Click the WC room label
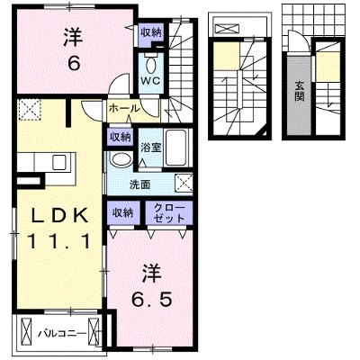tap(151, 81)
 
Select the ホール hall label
tap(124, 108)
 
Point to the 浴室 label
tap(151, 148)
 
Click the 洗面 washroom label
tap(139, 184)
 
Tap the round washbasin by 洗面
tap(121, 159)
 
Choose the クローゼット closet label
tap(169, 213)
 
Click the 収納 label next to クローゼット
tap(122, 212)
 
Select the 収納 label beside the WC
tap(151, 32)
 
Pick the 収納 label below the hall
tap(120, 137)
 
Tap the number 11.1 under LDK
tap(58, 242)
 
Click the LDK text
tap(60, 215)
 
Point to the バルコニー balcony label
tap(62, 334)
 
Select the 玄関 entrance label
tap(299, 91)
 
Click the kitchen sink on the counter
tap(58, 162)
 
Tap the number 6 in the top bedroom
tap(74, 63)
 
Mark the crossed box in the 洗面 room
tap(184, 183)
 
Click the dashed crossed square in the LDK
tap(29, 110)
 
